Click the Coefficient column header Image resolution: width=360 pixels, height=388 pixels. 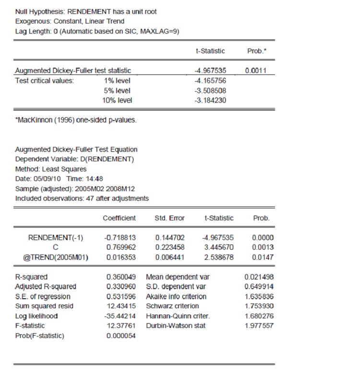click(120, 218)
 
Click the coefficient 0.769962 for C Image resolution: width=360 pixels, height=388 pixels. click(120, 247)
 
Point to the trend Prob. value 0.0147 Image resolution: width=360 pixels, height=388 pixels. click(263, 257)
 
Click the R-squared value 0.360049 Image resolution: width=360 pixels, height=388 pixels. click(120, 277)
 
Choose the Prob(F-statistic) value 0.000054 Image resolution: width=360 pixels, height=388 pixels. click(120, 336)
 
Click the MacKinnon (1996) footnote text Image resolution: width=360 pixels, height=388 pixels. click(76, 120)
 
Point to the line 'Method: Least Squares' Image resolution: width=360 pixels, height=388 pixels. click(51, 169)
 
